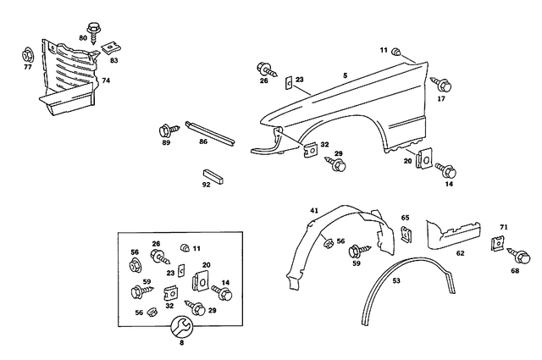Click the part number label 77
(27, 66)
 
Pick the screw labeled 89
(166, 131)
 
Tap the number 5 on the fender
(345, 76)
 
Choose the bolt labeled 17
(443, 84)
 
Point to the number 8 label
(180, 342)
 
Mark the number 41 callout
(313, 210)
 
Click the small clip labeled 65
(406, 235)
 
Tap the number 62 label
(460, 252)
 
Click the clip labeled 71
(497, 244)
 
